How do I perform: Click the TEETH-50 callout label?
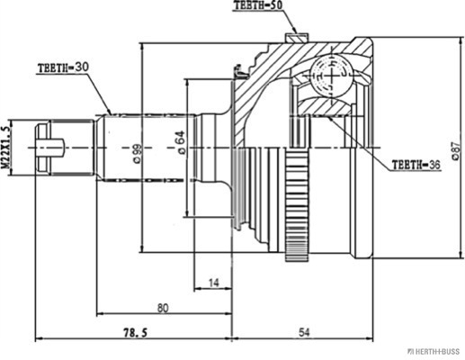click(x=258, y=5)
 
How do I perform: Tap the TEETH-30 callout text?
click(x=63, y=67)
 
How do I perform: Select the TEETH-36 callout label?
click(x=416, y=165)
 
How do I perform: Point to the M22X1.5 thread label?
click(x=5, y=148)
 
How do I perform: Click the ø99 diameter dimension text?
click(x=137, y=154)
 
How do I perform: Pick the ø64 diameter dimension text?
click(x=182, y=142)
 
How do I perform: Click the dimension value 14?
click(x=213, y=283)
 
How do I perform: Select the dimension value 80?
click(x=163, y=308)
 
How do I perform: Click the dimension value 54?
click(x=303, y=332)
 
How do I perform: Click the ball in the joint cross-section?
click(x=331, y=76)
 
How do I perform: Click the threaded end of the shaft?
click(x=72, y=148)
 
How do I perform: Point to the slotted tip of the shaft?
click(x=42, y=148)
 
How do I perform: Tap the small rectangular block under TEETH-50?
click(x=297, y=38)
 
